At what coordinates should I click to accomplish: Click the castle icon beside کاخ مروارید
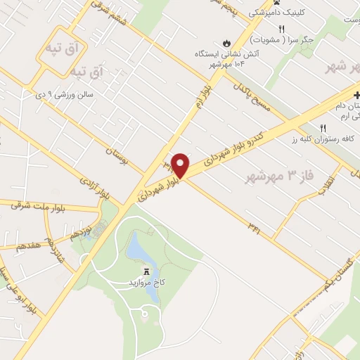(147, 271)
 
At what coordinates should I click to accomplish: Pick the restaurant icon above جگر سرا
(282, 29)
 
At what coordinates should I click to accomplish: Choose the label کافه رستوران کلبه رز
(323, 139)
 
